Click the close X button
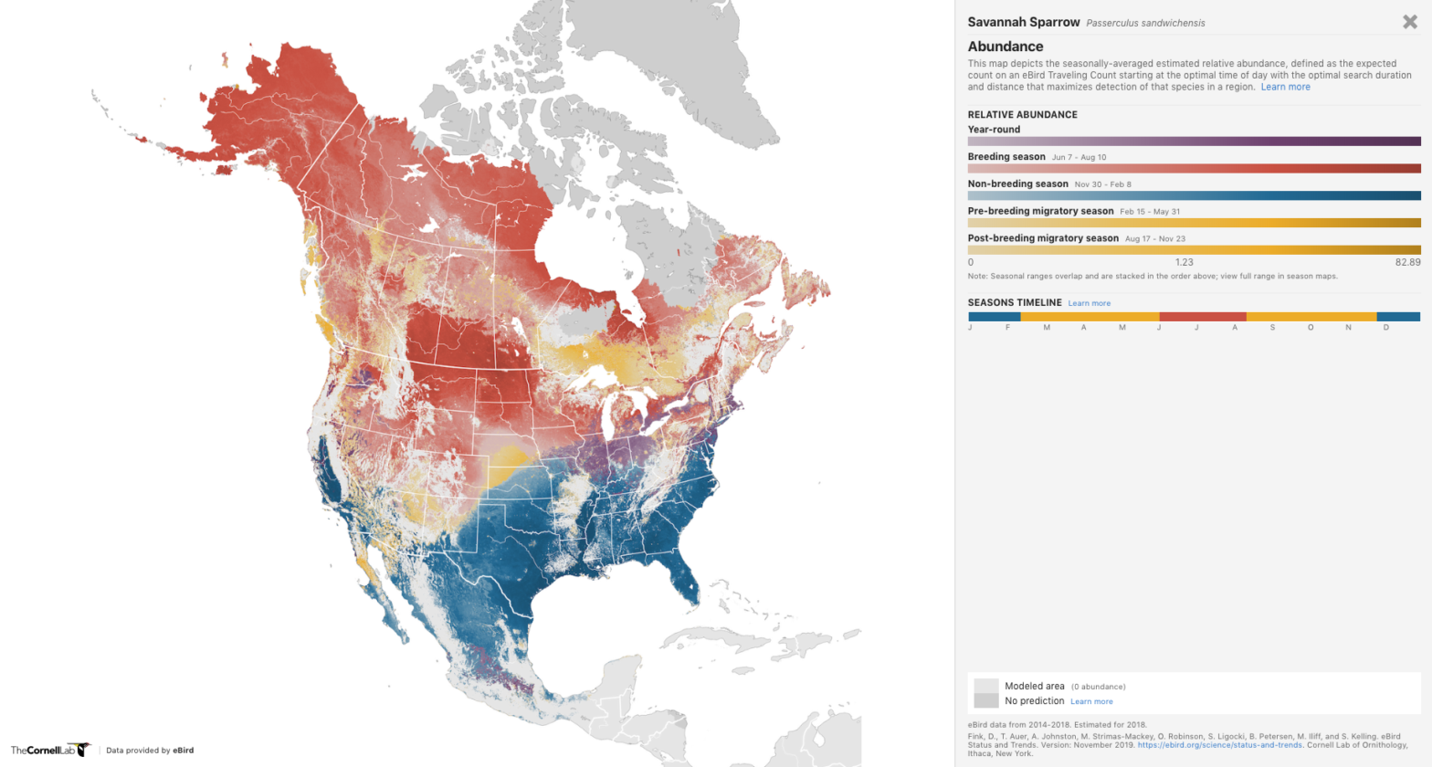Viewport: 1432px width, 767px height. pyautogui.click(x=1409, y=22)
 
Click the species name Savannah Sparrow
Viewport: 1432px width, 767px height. pyautogui.click(x=1023, y=22)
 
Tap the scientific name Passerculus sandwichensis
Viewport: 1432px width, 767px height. pyautogui.click(x=1145, y=23)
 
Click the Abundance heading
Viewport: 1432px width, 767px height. pyautogui.click(x=1005, y=47)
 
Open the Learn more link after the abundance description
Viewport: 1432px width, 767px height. pyautogui.click(x=1285, y=87)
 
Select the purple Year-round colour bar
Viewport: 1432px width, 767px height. pyautogui.click(x=1194, y=142)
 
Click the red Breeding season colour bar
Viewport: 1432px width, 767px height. pyautogui.click(x=1194, y=168)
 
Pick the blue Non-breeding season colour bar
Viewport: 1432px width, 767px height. pyautogui.click(x=1194, y=195)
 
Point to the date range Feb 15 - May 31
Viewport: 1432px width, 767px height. pyautogui.click(x=1150, y=212)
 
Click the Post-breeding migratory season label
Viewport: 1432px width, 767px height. pyautogui.click(x=1043, y=238)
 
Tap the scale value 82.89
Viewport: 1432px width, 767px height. pyautogui.click(x=1407, y=262)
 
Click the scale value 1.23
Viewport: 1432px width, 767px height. pyautogui.click(x=1184, y=262)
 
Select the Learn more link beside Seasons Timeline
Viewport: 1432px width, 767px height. pyautogui.click(x=1090, y=303)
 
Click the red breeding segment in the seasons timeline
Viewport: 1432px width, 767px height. pyautogui.click(x=1203, y=317)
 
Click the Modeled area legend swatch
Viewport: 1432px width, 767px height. pyautogui.click(x=985, y=686)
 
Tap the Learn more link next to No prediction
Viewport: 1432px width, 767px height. pyautogui.click(x=1091, y=701)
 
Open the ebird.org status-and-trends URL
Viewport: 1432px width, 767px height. pyautogui.click(x=1219, y=745)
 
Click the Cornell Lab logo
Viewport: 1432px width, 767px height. pyautogui.click(x=50, y=750)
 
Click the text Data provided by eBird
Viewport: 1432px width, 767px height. pyautogui.click(x=150, y=751)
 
